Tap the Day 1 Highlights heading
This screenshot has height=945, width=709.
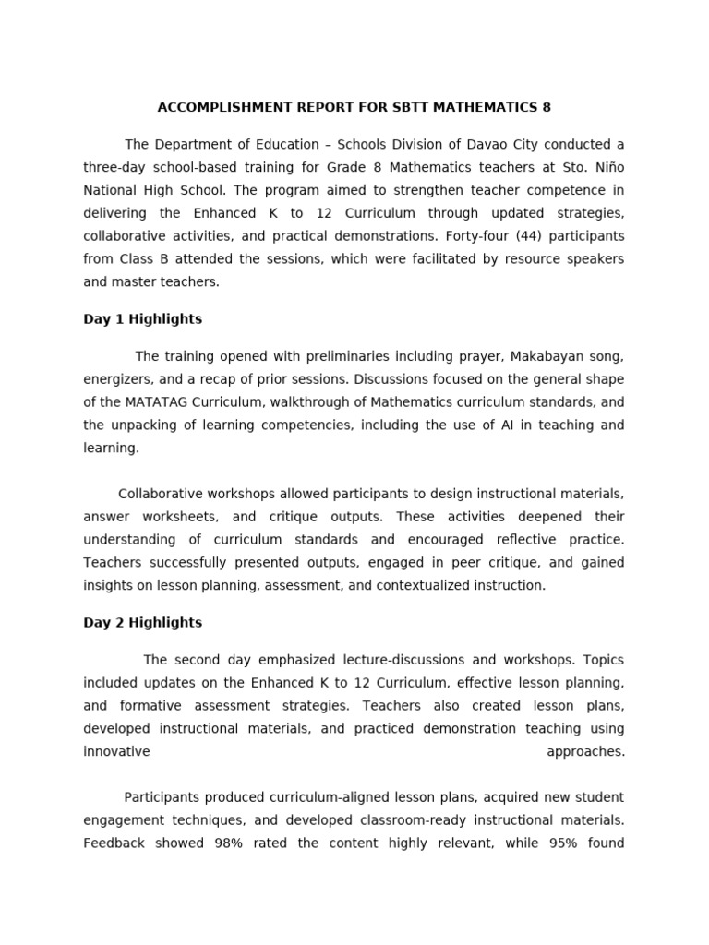point(142,319)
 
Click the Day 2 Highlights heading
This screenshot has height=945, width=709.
point(142,623)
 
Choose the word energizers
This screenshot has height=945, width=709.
point(116,379)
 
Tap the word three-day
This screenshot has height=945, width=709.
point(114,168)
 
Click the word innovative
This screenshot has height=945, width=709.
point(116,751)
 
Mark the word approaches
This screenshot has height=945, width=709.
point(585,751)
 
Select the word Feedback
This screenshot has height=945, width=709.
point(114,843)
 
